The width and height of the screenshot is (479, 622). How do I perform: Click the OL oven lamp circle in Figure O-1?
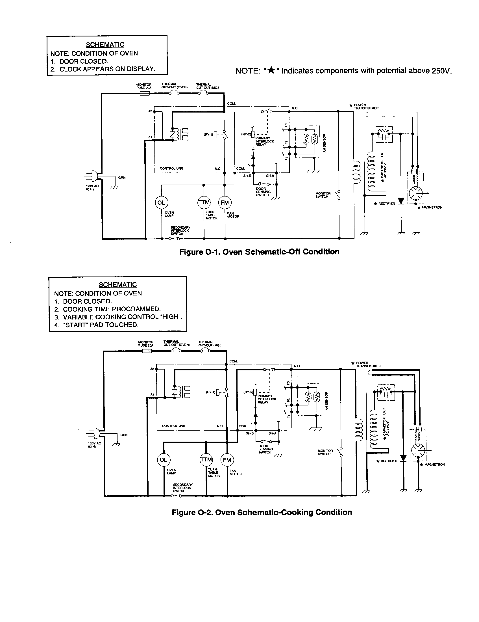tap(161, 203)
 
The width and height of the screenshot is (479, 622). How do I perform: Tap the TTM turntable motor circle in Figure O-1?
tap(204, 202)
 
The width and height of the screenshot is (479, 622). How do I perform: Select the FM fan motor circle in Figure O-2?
tap(227, 460)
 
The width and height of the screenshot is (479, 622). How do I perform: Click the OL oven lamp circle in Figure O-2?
tap(163, 460)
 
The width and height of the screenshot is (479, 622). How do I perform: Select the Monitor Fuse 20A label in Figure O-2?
tap(146, 344)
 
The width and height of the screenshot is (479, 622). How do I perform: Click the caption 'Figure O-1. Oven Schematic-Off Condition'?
tap(259, 252)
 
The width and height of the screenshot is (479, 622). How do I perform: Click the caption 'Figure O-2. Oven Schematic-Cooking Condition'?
tap(262, 512)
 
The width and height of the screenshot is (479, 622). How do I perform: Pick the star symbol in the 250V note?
tap(272, 70)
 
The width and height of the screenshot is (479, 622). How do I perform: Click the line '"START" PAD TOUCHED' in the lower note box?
tap(97, 325)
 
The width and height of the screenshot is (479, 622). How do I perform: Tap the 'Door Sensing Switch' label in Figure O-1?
tap(263, 192)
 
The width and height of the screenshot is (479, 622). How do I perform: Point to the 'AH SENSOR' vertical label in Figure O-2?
tap(326, 401)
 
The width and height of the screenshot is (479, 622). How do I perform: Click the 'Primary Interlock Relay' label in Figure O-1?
tap(265, 141)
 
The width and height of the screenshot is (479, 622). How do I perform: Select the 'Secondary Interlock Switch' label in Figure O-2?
tap(183, 488)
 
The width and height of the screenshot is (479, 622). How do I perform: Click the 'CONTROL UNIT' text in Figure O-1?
tap(171, 168)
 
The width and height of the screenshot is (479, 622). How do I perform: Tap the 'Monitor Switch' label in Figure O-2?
tap(325, 452)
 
